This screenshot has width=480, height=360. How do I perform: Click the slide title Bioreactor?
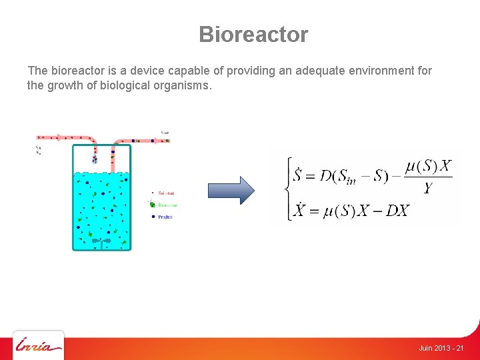[x=253, y=35]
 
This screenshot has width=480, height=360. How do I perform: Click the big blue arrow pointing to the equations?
[x=231, y=190]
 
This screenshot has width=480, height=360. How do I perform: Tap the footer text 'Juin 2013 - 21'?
[x=441, y=349]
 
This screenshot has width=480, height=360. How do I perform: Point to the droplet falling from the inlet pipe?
[x=95, y=159]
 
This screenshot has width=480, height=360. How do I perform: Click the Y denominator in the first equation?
[x=428, y=189]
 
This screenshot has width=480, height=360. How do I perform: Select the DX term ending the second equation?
[x=397, y=212]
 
